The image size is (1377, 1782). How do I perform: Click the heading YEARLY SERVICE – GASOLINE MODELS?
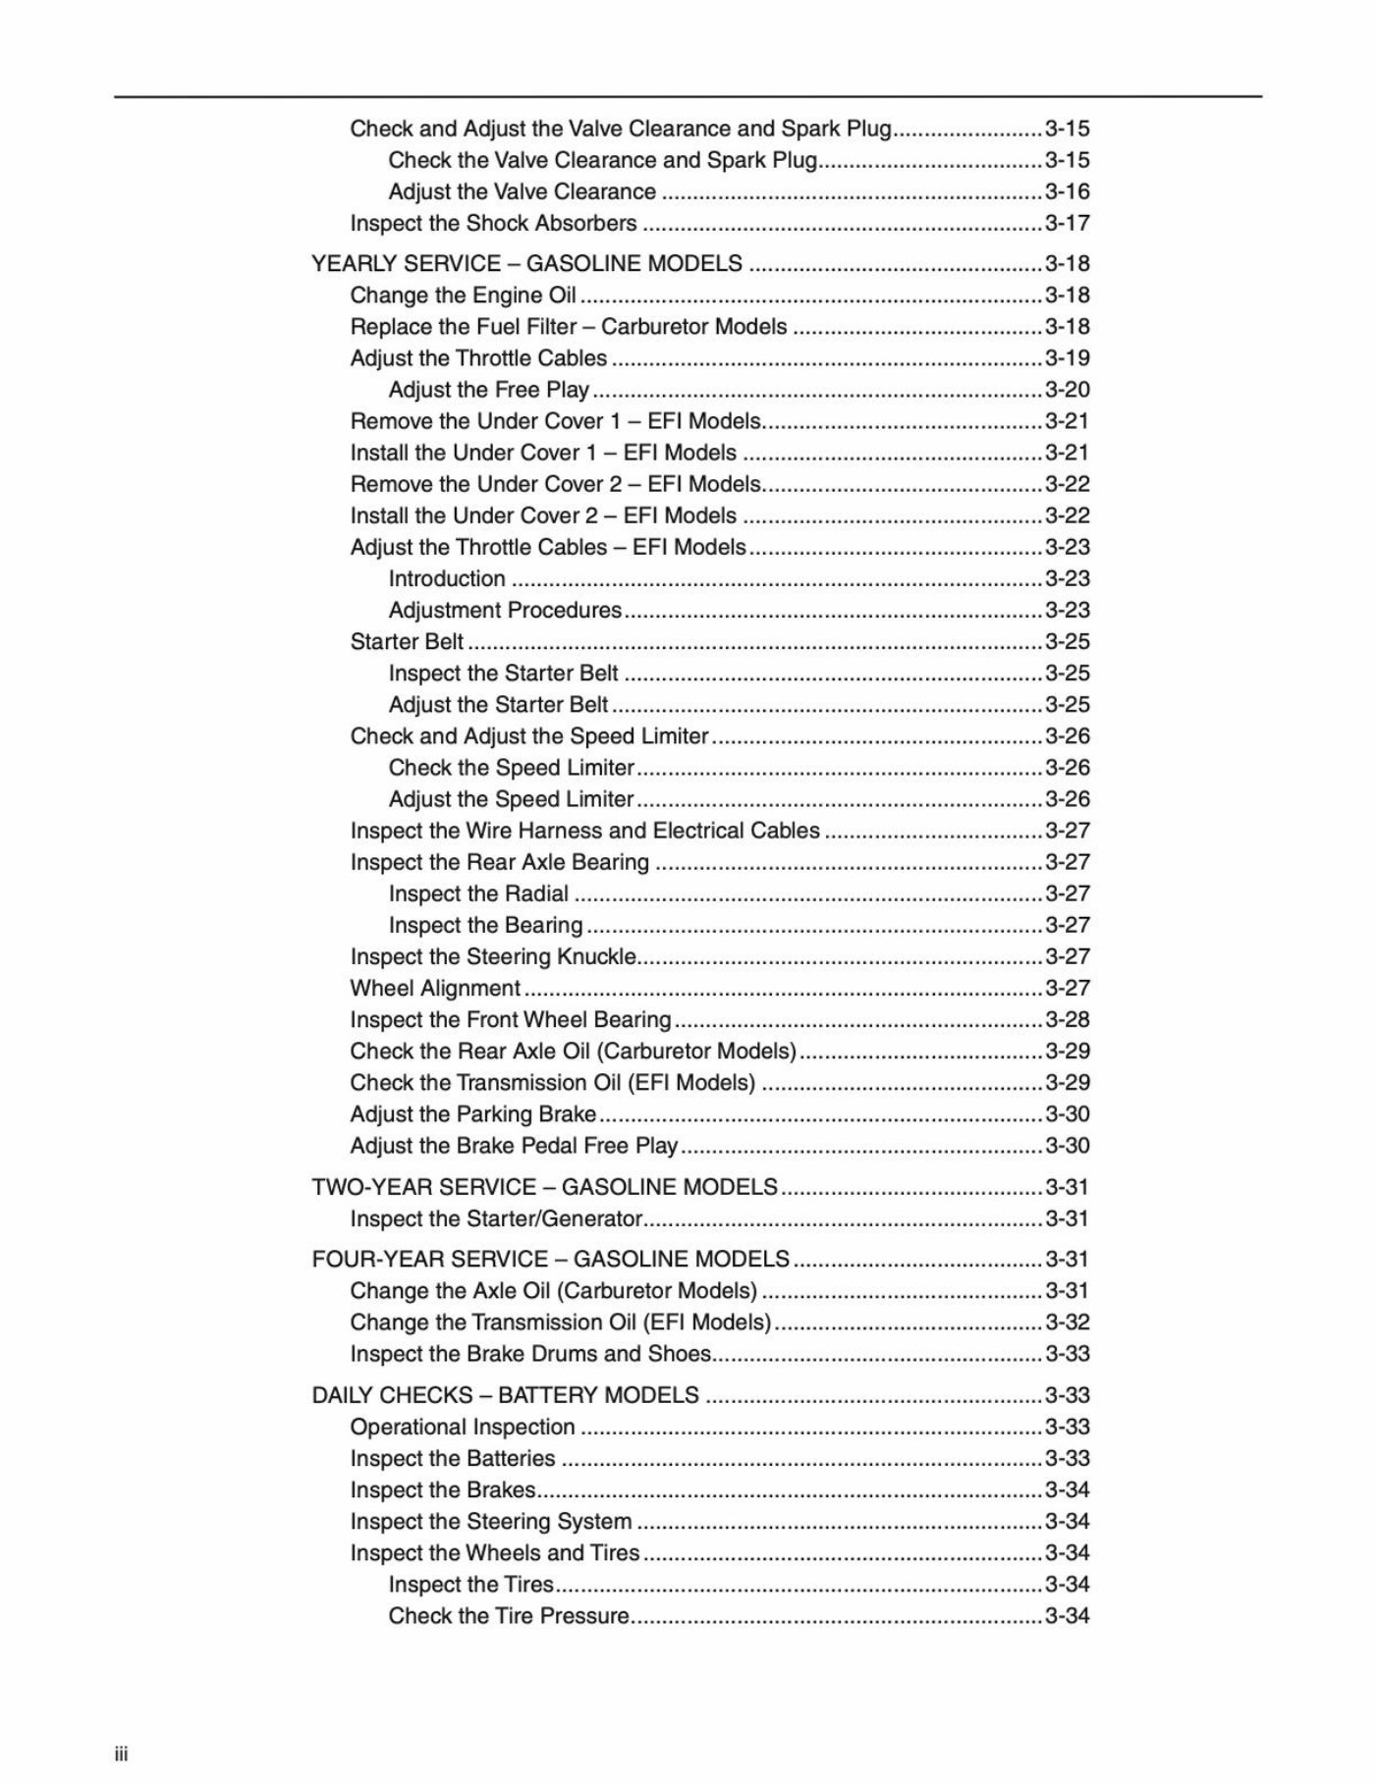(526, 263)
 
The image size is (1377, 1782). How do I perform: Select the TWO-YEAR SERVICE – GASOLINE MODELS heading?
(544, 1187)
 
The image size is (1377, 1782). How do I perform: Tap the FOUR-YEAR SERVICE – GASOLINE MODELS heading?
(550, 1259)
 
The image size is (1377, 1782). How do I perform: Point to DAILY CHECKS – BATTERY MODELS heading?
(505, 1395)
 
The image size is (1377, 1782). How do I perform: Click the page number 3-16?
(1067, 191)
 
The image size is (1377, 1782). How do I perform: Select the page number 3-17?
(1067, 223)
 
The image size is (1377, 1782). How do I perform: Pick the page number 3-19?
(1067, 358)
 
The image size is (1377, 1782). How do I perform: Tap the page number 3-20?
(1067, 390)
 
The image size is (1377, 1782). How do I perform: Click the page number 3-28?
(1067, 1019)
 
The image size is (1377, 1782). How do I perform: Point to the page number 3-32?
(1067, 1322)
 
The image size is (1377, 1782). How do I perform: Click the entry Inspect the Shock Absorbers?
(493, 223)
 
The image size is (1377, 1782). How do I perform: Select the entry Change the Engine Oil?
(463, 296)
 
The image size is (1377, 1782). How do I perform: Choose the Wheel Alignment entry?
(435, 988)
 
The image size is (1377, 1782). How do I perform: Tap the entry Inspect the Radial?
(478, 893)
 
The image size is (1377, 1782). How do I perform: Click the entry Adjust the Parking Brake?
(472, 1114)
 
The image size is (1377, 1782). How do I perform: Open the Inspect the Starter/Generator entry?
(496, 1218)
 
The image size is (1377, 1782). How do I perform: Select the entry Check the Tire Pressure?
(509, 1615)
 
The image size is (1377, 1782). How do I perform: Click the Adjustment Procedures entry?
(505, 610)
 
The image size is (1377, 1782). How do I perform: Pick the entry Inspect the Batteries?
(453, 1458)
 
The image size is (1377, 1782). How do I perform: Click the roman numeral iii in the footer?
(121, 1755)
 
